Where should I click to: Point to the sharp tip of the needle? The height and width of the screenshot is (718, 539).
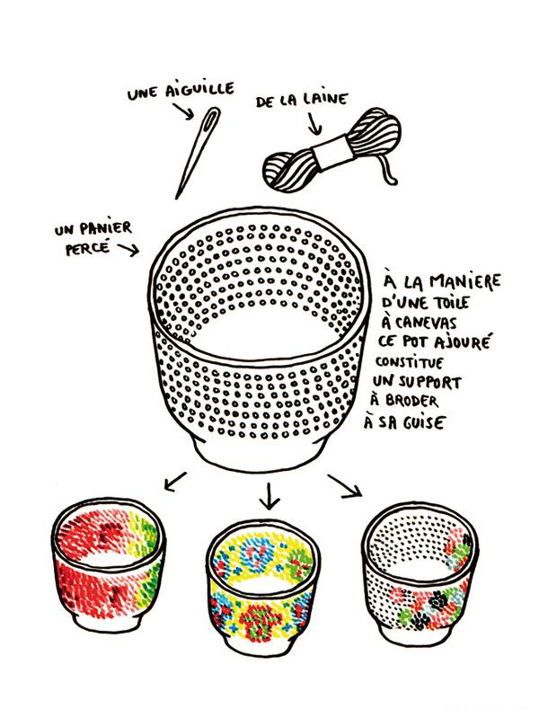pyautogui.click(x=176, y=199)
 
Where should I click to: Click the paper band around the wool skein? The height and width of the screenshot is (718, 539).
pyautogui.click(x=331, y=150)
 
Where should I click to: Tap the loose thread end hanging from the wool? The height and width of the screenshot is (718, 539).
pyautogui.click(x=387, y=171)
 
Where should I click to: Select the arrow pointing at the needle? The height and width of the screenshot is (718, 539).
pyautogui.click(x=183, y=111)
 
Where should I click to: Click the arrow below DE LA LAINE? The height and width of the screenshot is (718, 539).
pyautogui.click(x=314, y=124)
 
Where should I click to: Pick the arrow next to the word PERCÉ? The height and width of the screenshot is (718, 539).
pyautogui.click(x=128, y=250)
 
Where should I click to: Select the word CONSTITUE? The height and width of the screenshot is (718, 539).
pyautogui.click(x=410, y=362)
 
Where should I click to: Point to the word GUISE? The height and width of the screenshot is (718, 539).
pyautogui.click(x=424, y=421)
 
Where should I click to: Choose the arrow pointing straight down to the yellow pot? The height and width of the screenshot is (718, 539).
pyautogui.click(x=269, y=495)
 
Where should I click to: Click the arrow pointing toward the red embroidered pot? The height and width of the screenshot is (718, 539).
pyautogui.click(x=174, y=482)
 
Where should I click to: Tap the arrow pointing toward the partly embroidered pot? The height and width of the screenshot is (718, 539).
pyautogui.click(x=345, y=485)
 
